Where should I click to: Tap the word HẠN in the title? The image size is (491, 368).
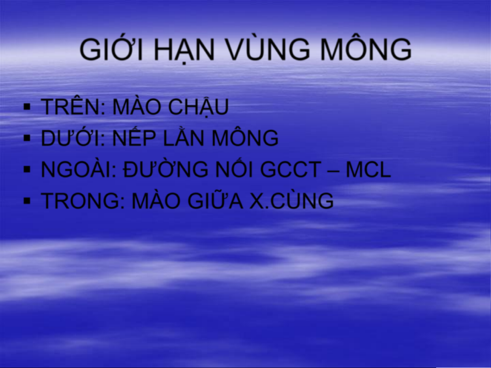pyautogui.click(x=184, y=50)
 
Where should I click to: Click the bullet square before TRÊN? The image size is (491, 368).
pyautogui.click(x=27, y=107)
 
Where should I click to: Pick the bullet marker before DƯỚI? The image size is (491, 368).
pyautogui.click(x=27, y=138)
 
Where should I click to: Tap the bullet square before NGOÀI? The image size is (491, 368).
pyautogui.click(x=27, y=170)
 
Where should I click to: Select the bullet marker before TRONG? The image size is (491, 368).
pyautogui.click(x=27, y=201)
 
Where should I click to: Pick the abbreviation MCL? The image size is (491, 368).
pyautogui.click(x=368, y=170)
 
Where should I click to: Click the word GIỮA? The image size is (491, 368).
pyautogui.click(x=215, y=199)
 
